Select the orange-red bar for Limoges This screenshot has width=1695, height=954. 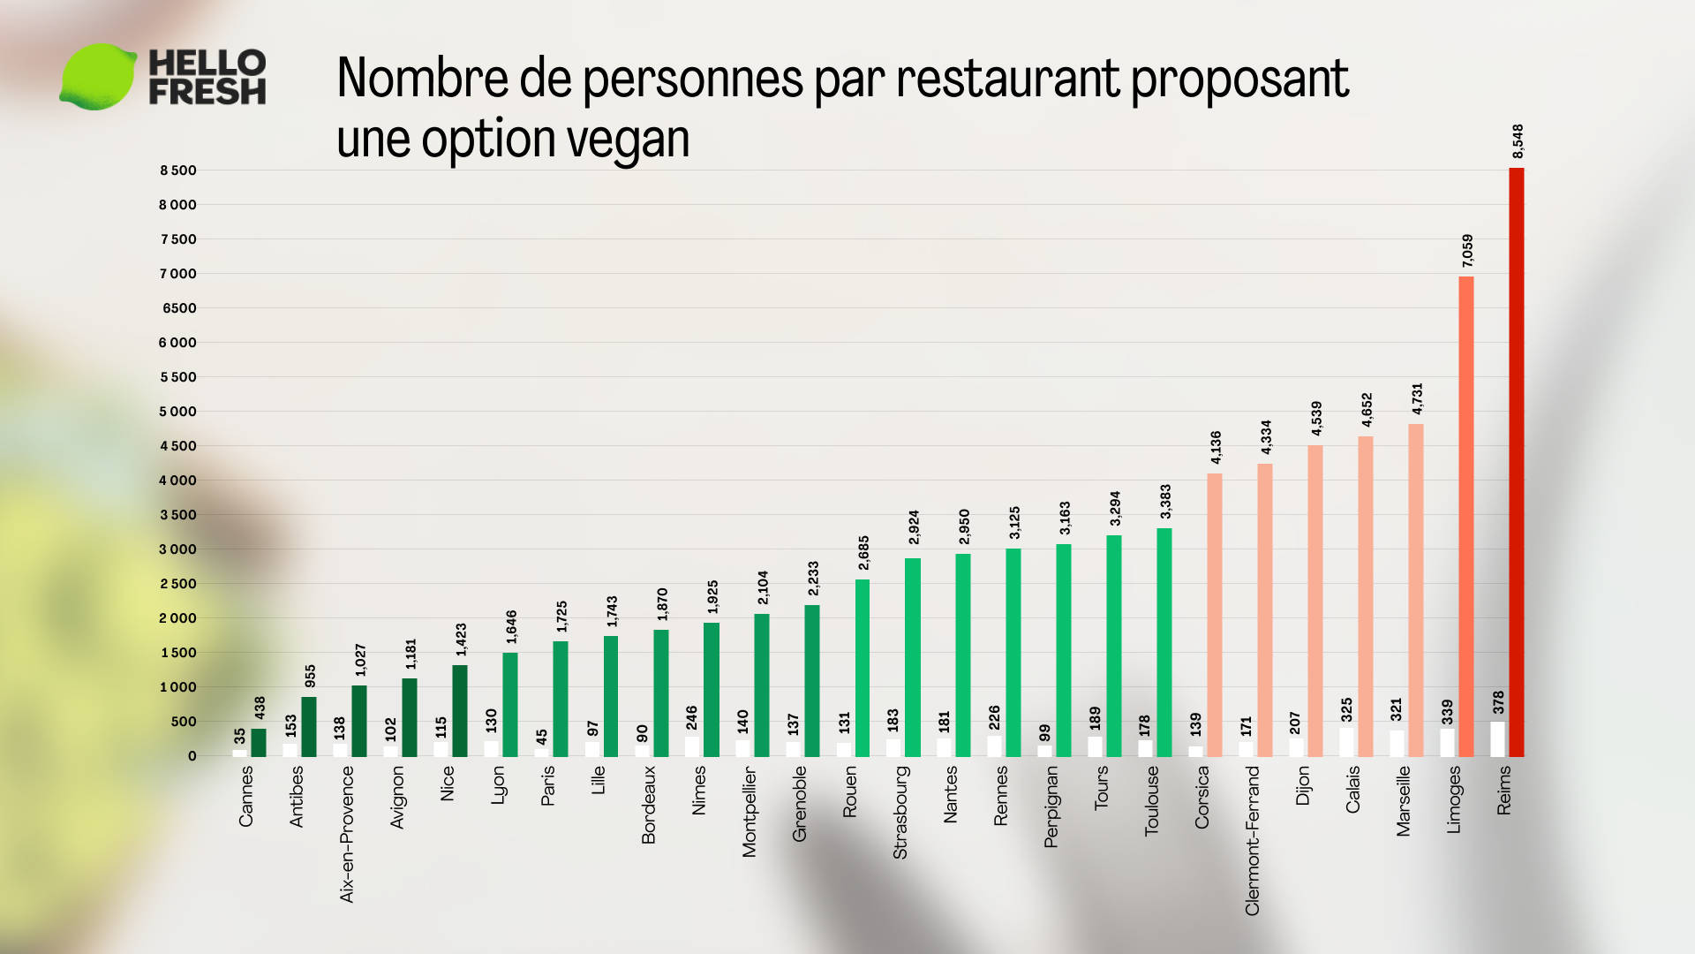pyautogui.click(x=1465, y=517)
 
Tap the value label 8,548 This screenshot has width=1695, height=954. pyautogui.click(x=1518, y=141)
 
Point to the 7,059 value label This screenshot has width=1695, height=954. pyautogui.click(x=1467, y=251)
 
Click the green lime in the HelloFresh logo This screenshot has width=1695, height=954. pyautogui.click(x=97, y=77)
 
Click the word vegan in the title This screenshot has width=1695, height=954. pyautogui.click(x=627, y=140)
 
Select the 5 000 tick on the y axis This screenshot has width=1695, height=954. pyautogui.click(x=177, y=412)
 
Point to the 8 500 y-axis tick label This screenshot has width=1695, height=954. pyautogui.click(x=177, y=170)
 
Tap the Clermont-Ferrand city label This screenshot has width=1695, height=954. pyautogui.click(x=1252, y=840)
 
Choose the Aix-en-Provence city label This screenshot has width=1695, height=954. pyautogui.click(x=346, y=834)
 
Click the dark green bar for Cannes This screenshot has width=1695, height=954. pyautogui.click(x=259, y=742)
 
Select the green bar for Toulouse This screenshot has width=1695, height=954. pyautogui.click(x=1164, y=642)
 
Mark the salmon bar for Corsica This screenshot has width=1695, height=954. pyautogui.click(x=1215, y=615)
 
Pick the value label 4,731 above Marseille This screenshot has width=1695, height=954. pyautogui.click(x=1417, y=398)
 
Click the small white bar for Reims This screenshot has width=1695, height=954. pyautogui.click(x=1497, y=739)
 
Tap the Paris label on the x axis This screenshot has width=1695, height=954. pyautogui.click(x=547, y=785)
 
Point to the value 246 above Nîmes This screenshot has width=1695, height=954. pyautogui.click(x=692, y=717)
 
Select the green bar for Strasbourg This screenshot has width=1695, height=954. pyautogui.click(x=912, y=657)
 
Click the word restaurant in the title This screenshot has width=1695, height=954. pyautogui.click(x=1007, y=79)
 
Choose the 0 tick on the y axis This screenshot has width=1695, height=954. pyautogui.click(x=192, y=756)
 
